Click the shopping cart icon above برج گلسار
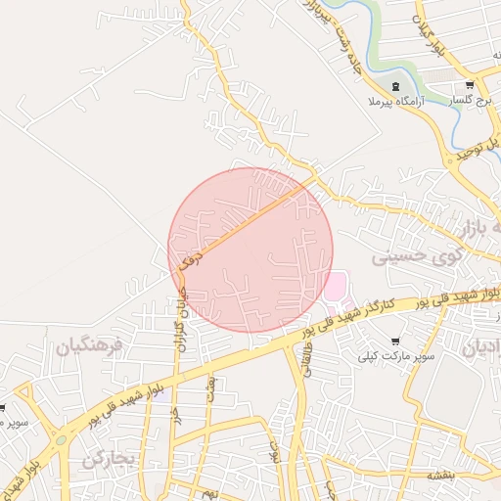pyautogui.click(x=470, y=86)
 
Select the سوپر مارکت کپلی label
pyautogui.click(x=395, y=356)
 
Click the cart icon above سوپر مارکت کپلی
pyautogui.click(x=395, y=342)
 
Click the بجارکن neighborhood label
pyautogui.click(x=106, y=459)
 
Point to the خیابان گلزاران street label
pyautogui.click(x=178, y=304)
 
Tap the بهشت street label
pyautogui.click(x=209, y=390)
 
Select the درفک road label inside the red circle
pyautogui.click(x=190, y=259)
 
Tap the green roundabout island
pyautogui.click(x=60, y=439)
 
